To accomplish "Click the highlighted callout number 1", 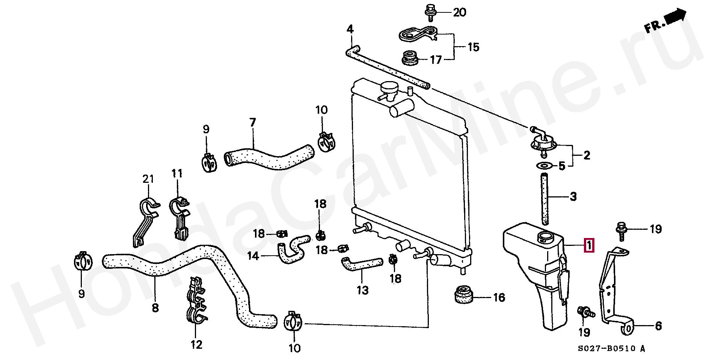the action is [x=589, y=246].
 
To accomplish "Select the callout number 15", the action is [x=473, y=47].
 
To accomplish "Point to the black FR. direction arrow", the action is [x=675, y=16].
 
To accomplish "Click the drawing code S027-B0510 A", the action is [x=611, y=349].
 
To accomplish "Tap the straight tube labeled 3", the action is [x=545, y=198].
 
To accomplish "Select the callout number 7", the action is [x=252, y=122].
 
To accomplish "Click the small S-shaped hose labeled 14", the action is [x=294, y=249].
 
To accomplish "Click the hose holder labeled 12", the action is [x=197, y=300].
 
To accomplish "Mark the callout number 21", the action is [x=148, y=179].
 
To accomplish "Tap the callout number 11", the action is [x=177, y=173].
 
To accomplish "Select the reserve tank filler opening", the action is [x=545, y=237].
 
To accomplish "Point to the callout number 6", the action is [x=658, y=326].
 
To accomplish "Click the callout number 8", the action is [x=155, y=308].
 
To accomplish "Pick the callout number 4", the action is [x=350, y=29].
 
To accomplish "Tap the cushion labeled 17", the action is [x=409, y=59].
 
